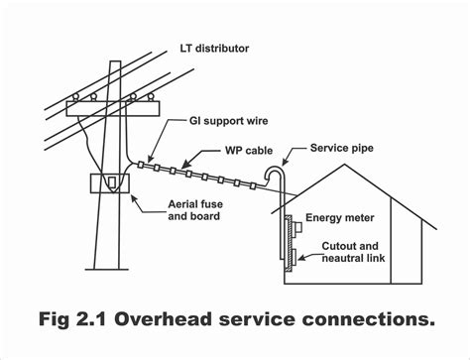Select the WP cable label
click(x=247, y=152)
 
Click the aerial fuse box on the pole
click(x=111, y=185)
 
